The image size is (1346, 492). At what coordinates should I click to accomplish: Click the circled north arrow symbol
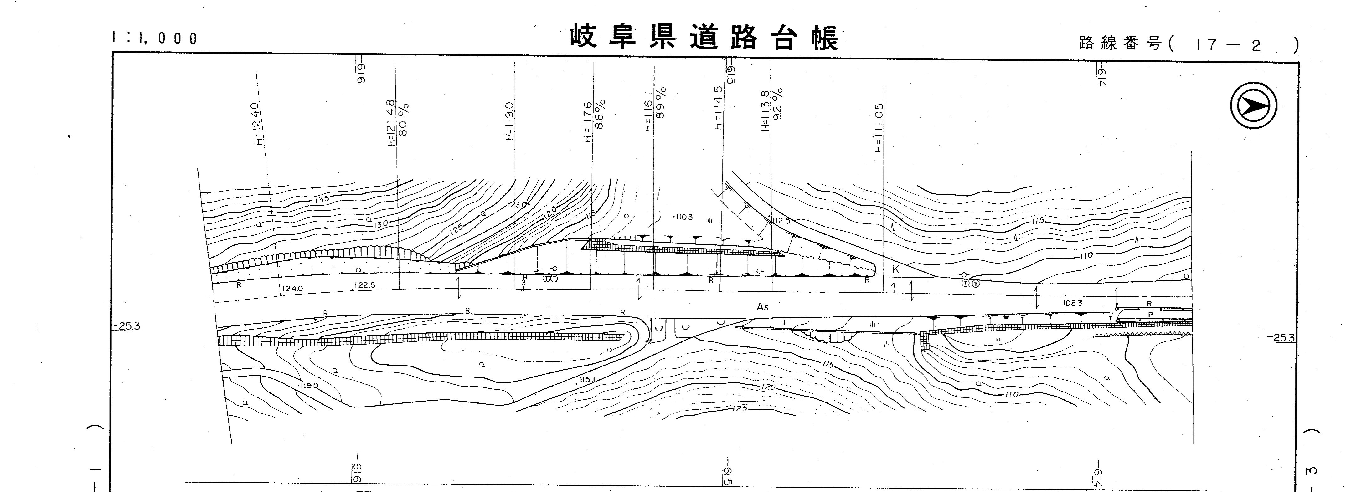[1253, 106]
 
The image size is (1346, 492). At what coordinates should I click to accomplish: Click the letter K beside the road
[895, 269]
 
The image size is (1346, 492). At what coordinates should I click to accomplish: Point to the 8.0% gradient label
[403, 119]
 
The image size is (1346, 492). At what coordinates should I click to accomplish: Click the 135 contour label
[322, 199]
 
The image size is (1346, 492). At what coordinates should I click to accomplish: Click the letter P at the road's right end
[1150, 315]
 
